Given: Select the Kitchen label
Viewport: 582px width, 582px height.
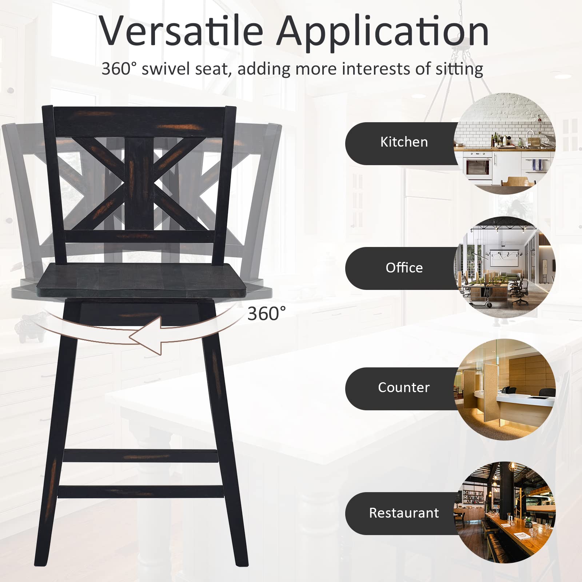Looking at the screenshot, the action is click(404, 142).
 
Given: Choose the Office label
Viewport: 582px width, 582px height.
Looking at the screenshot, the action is click(404, 268).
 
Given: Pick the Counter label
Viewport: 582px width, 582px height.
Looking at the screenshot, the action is click(404, 387).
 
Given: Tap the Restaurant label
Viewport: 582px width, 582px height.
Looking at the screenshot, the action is click(404, 513).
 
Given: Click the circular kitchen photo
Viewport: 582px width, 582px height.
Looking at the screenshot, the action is click(505, 143).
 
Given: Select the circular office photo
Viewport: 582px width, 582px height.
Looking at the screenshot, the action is click(505, 268).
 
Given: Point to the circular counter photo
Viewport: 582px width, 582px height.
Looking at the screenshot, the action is click(505, 389).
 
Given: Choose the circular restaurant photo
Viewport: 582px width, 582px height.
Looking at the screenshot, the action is click(505, 513).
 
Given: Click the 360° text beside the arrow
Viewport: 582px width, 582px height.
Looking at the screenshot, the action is click(267, 314).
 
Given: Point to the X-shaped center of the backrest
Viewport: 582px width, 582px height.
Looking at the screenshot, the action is click(139, 184).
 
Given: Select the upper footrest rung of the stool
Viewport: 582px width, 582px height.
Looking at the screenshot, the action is click(140, 456).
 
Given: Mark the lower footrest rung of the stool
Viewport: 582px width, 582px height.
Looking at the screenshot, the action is click(140, 491).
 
